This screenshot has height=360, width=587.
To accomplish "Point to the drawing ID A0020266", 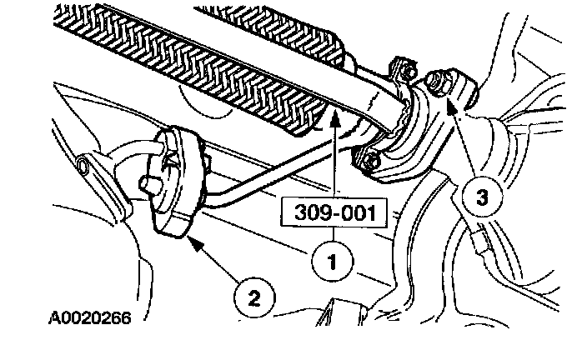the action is (84, 317).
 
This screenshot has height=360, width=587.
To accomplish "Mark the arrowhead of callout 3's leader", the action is (450, 102).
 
